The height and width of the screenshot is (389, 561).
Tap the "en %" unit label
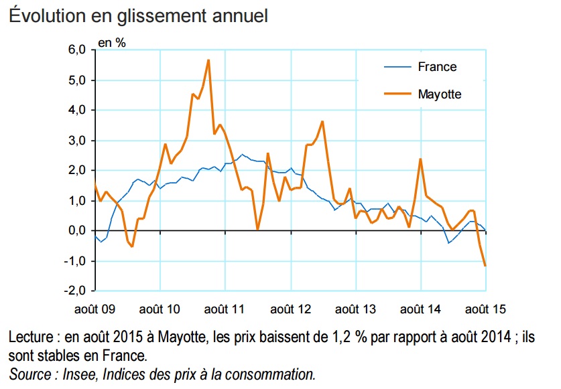click(112, 42)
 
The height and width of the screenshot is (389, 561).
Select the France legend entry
click(437, 67)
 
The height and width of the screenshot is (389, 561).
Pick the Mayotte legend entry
click(440, 94)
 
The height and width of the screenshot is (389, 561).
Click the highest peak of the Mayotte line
click(208, 60)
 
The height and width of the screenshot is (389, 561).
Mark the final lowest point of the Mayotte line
click(485, 266)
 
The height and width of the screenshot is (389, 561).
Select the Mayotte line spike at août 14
click(420, 159)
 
